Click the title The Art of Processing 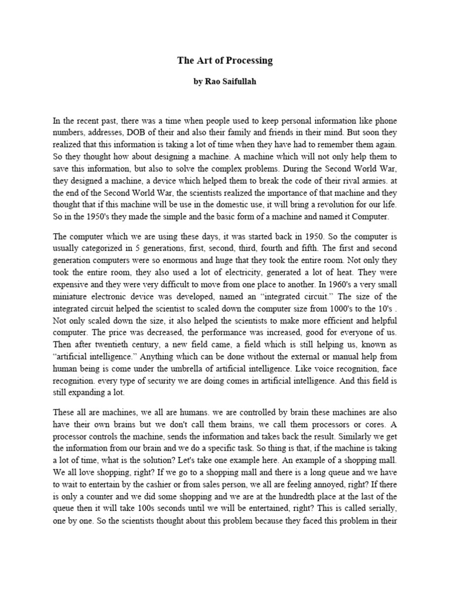click(225, 60)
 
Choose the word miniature click(73, 304)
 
